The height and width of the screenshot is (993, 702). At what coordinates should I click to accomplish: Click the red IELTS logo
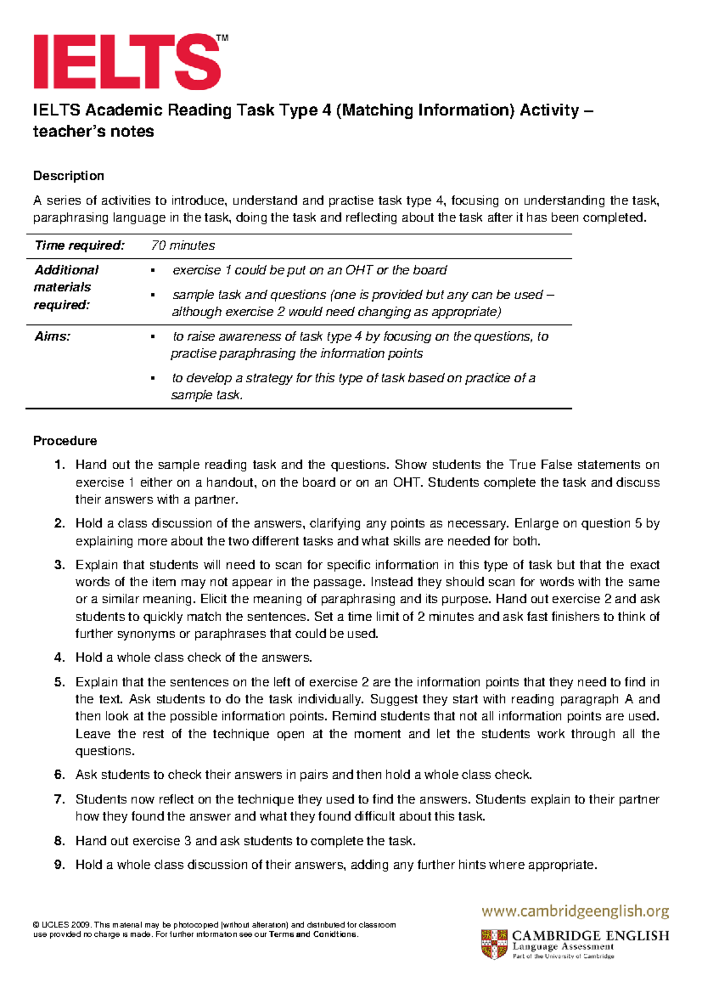pos(126,62)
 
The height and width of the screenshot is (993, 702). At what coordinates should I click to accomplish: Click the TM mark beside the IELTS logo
pos(222,39)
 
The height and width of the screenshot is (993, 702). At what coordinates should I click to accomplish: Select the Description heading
pos(68,176)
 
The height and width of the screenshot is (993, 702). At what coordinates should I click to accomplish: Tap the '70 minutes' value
pos(183,246)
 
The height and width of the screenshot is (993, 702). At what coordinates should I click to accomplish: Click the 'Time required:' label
pos(80,246)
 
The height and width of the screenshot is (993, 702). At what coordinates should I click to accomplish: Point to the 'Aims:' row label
pos(52,337)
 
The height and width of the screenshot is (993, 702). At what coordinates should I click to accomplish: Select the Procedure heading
pos(65,441)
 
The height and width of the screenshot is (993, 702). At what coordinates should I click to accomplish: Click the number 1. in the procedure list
pos(59,465)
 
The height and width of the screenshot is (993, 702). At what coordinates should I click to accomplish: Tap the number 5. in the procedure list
pos(59,682)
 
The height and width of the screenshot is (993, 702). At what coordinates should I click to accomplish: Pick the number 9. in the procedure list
pos(59,865)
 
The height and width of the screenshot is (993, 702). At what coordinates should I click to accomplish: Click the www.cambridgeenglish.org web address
pos(575,911)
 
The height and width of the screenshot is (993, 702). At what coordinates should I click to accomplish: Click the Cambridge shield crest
pos(494,944)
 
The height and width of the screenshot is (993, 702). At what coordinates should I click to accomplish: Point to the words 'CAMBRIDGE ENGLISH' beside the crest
pos(590,936)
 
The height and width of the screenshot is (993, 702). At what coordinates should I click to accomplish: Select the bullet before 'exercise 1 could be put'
pos(153,270)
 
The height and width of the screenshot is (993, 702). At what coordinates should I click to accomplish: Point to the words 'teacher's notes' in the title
pos(93,132)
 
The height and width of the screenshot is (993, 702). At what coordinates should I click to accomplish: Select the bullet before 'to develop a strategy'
pos(153,378)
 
